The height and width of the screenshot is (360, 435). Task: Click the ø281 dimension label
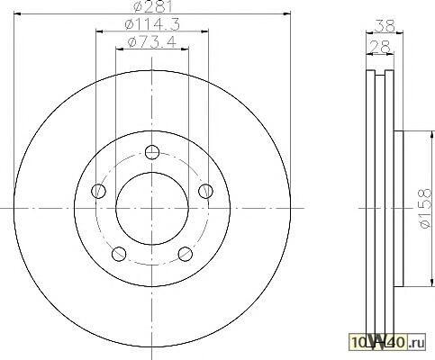point(153,6)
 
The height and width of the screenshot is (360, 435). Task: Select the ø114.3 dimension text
point(152,24)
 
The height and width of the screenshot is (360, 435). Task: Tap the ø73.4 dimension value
point(151,42)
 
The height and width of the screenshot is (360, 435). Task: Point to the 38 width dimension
point(385,26)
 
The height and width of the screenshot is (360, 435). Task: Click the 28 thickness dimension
point(380,47)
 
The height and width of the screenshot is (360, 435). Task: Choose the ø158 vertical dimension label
point(425,209)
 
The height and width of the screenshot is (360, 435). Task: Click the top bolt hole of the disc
point(152,152)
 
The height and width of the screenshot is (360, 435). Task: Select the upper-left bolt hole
point(98,191)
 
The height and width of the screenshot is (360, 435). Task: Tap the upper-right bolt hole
point(206,191)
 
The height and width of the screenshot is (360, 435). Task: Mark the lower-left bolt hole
point(119,254)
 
